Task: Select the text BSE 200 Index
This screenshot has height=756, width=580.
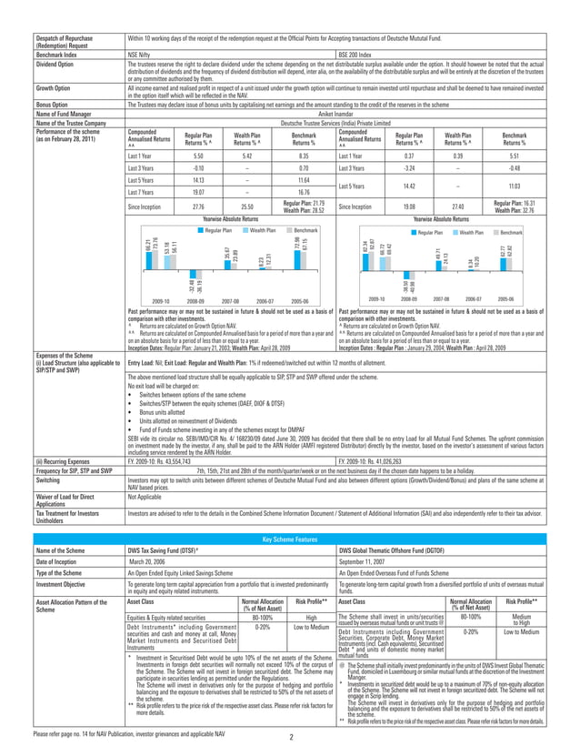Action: (348, 55)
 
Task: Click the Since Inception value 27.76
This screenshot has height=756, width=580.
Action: (186, 207)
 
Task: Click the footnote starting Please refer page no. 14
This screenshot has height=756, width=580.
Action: (119, 731)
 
